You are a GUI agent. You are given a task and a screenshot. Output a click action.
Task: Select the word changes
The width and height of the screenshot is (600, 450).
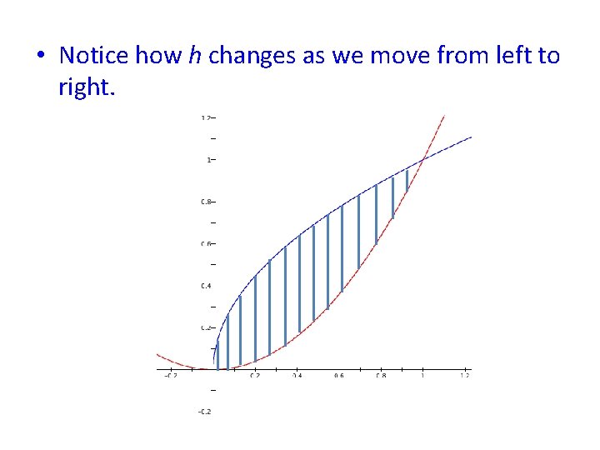[x=247, y=56]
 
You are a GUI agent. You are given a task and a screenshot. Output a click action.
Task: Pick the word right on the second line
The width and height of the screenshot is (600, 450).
[x=86, y=86]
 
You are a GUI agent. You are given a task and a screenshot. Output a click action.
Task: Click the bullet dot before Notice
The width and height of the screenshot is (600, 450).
[x=41, y=57]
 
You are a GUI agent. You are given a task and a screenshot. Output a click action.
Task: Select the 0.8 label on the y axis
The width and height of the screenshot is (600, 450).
[x=205, y=202]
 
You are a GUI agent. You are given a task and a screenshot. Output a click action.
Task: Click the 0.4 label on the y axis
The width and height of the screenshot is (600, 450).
[x=205, y=286]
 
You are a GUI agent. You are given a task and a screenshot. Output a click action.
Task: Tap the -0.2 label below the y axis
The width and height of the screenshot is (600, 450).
[x=205, y=412]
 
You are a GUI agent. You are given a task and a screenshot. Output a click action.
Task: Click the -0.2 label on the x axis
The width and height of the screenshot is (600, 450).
[x=170, y=376]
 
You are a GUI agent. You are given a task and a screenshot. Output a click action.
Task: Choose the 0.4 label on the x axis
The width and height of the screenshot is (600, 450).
[x=297, y=376]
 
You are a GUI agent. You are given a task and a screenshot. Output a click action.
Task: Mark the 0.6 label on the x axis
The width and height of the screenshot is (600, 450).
[x=338, y=376]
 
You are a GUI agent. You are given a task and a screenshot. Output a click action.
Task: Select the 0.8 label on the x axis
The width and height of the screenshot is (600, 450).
[x=381, y=376]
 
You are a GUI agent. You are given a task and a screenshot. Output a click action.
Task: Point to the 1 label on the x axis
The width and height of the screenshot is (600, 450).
[x=422, y=376]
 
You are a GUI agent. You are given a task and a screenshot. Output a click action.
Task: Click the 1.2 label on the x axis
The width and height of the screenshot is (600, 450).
[x=464, y=376]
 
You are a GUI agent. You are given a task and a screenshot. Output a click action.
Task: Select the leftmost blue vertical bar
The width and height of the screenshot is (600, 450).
[x=217, y=354]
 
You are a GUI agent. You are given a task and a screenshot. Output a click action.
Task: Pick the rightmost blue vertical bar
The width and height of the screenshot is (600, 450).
[x=407, y=180]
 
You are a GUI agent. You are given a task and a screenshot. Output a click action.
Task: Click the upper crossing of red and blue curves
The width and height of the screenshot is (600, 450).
[x=423, y=158]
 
